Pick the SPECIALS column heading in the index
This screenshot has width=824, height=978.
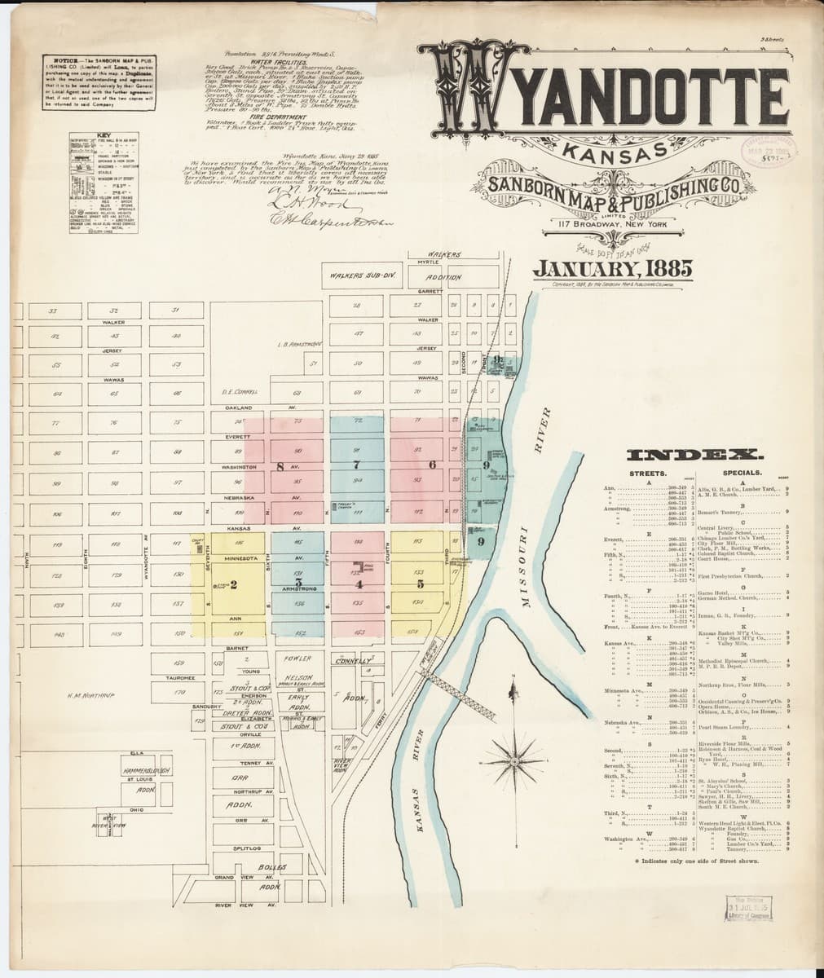pyautogui.click(x=742, y=473)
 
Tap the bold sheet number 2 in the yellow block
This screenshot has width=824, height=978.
pyautogui.click(x=233, y=584)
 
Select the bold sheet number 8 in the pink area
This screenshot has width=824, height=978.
pyautogui.click(x=280, y=467)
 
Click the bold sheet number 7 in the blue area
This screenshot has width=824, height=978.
pyautogui.click(x=355, y=465)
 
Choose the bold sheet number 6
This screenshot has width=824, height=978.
pyautogui.click(x=432, y=465)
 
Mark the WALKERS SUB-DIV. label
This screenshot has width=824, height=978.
pyautogui.click(x=361, y=275)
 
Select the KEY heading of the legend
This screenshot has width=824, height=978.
pyautogui.click(x=104, y=134)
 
